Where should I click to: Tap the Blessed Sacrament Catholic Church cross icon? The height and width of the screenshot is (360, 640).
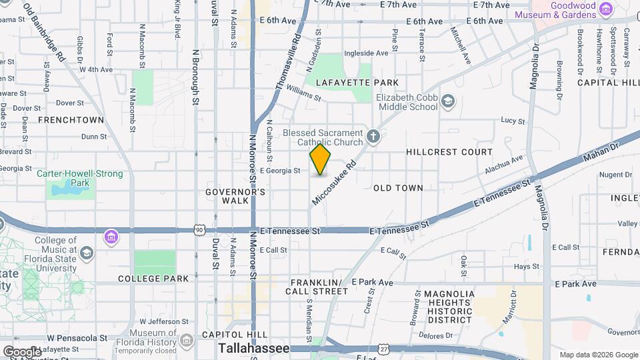click(373, 137)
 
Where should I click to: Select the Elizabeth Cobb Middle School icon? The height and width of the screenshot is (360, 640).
click(447, 101)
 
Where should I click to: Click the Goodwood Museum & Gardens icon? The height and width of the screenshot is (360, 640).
click(606, 9)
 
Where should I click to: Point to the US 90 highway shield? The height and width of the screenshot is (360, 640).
click(199, 230)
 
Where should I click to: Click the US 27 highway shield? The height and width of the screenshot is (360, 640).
click(384, 349)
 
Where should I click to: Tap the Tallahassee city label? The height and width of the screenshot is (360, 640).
click(254, 349)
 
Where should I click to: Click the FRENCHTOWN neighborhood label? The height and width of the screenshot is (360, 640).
click(71, 120)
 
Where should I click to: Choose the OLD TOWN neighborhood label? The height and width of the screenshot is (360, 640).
click(398, 188)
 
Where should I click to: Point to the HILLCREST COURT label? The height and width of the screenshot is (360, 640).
click(449, 152)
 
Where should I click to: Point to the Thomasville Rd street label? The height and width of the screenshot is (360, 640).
click(289, 63)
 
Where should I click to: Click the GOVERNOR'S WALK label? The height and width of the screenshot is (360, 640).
click(226, 196)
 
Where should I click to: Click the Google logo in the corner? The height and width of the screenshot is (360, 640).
click(22, 351)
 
